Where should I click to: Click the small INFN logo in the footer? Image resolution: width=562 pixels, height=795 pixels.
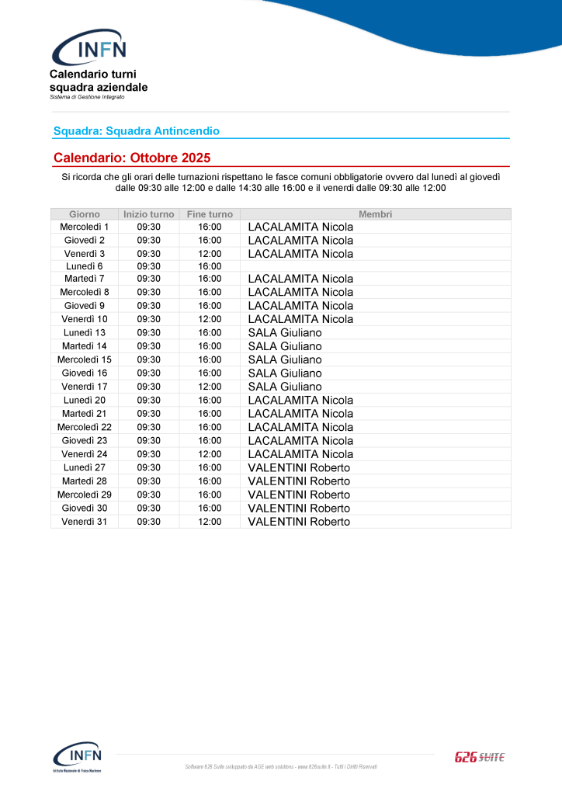(77, 757)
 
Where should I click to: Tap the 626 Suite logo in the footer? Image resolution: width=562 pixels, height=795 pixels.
(479, 757)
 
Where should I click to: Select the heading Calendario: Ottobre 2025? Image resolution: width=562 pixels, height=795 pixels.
(132, 158)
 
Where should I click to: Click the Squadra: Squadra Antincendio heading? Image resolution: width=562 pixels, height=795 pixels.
(137, 131)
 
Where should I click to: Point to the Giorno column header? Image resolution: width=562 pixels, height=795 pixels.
(85, 214)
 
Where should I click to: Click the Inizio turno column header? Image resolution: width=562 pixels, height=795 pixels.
(148, 214)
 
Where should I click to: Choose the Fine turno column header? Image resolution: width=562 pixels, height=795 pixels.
(210, 214)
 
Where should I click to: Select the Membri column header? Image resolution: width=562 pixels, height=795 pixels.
(375, 214)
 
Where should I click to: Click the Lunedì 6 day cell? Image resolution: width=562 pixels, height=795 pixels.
(85, 266)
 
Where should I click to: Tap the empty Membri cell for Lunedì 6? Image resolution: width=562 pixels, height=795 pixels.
(375, 266)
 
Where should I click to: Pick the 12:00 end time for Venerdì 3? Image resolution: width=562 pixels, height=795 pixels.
(210, 254)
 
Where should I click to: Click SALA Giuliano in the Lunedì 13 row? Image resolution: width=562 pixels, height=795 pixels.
(285, 333)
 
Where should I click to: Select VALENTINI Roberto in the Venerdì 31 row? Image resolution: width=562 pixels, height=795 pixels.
(299, 522)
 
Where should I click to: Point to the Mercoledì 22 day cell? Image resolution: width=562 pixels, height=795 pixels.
(85, 427)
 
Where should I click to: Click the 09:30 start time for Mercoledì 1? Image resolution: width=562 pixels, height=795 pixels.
(148, 227)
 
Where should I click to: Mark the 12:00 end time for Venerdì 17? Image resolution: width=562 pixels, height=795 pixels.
(210, 387)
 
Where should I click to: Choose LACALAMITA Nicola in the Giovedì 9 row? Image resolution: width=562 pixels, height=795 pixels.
(300, 306)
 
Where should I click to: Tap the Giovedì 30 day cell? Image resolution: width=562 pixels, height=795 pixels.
(85, 508)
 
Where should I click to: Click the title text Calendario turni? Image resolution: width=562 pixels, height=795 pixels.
(92, 75)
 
